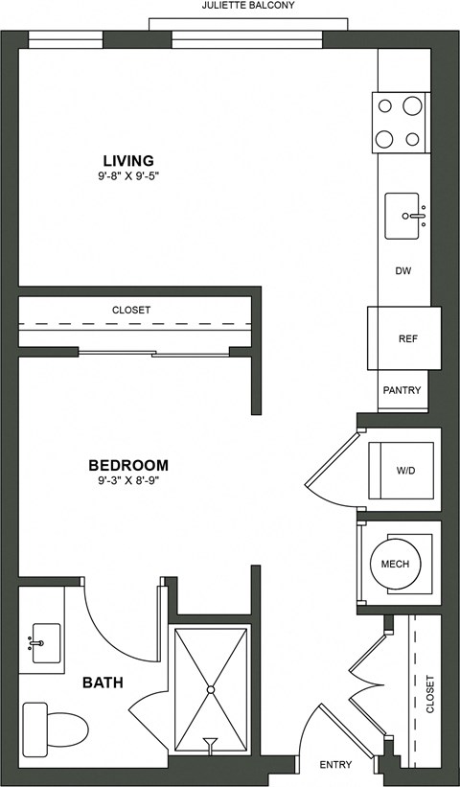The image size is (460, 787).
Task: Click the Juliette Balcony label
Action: tap(247, 6)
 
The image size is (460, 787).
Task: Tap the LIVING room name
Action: tap(128, 160)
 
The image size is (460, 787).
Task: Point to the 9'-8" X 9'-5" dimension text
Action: tap(128, 176)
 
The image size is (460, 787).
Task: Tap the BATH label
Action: tap(101, 683)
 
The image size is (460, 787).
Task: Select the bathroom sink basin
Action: tap(44, 637)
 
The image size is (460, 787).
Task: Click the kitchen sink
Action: tap(405, 216)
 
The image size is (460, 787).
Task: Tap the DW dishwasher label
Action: tap(403, 271)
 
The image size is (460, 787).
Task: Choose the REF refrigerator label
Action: tap(406, 338)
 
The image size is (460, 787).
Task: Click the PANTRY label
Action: tap(402, 390)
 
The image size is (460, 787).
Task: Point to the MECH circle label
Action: tap(394, 564)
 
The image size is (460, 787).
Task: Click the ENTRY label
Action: tap(336, 765)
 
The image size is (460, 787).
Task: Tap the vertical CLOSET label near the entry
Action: tap(429, 695)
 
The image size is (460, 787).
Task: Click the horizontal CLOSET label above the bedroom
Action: tap(131, 311)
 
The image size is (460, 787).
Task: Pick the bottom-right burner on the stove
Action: tap(413, 139)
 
